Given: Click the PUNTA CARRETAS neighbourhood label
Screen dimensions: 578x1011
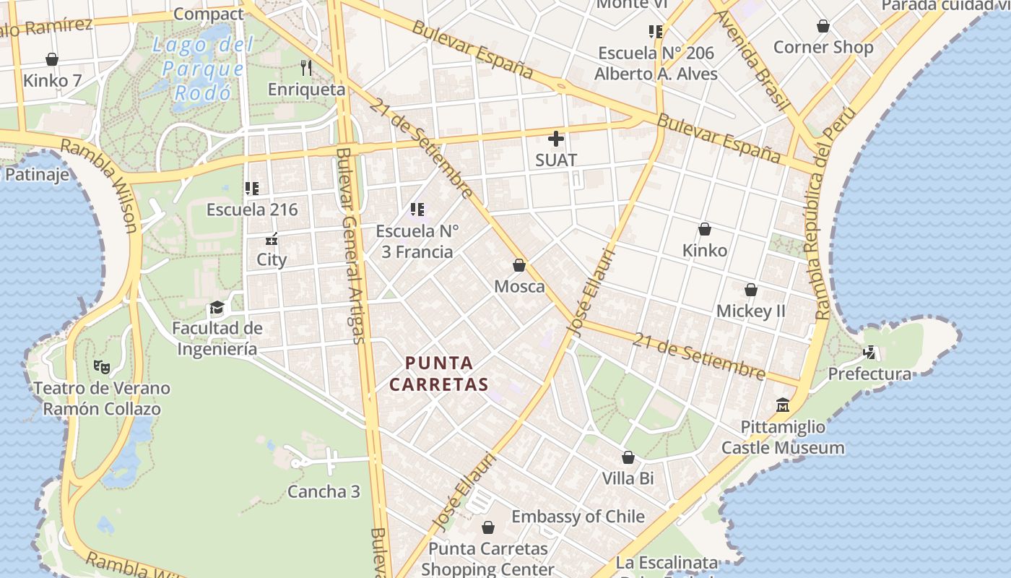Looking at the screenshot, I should (439, 373).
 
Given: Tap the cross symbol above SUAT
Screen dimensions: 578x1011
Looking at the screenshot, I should (556, 138).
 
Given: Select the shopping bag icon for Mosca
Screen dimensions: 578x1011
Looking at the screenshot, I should (518, 265).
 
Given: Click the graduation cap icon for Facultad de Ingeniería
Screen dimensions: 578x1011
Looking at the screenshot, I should (217, 309).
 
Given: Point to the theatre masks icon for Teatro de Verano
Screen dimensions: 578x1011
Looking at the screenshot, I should (102, 367).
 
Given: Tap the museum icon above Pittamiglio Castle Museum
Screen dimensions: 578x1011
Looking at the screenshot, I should (783, 405).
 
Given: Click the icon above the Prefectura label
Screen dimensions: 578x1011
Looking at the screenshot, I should (871, 353).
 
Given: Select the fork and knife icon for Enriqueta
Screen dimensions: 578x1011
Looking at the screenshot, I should (306, 68).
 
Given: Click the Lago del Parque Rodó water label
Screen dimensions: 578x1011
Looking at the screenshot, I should (202, 69).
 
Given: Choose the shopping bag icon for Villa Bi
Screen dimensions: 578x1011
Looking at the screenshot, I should (628, 457).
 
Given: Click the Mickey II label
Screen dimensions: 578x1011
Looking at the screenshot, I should (750, 311).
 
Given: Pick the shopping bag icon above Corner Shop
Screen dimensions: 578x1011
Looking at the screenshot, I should (823, 27).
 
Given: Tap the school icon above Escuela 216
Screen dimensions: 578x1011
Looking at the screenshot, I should (251, 189).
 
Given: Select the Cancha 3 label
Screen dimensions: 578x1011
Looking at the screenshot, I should (324, 492).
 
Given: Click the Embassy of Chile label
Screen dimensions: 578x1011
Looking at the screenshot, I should (578, 517).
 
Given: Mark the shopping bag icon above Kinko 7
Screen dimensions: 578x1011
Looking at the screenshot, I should (52, 59).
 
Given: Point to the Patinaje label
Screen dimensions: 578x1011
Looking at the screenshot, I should (38, 174).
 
